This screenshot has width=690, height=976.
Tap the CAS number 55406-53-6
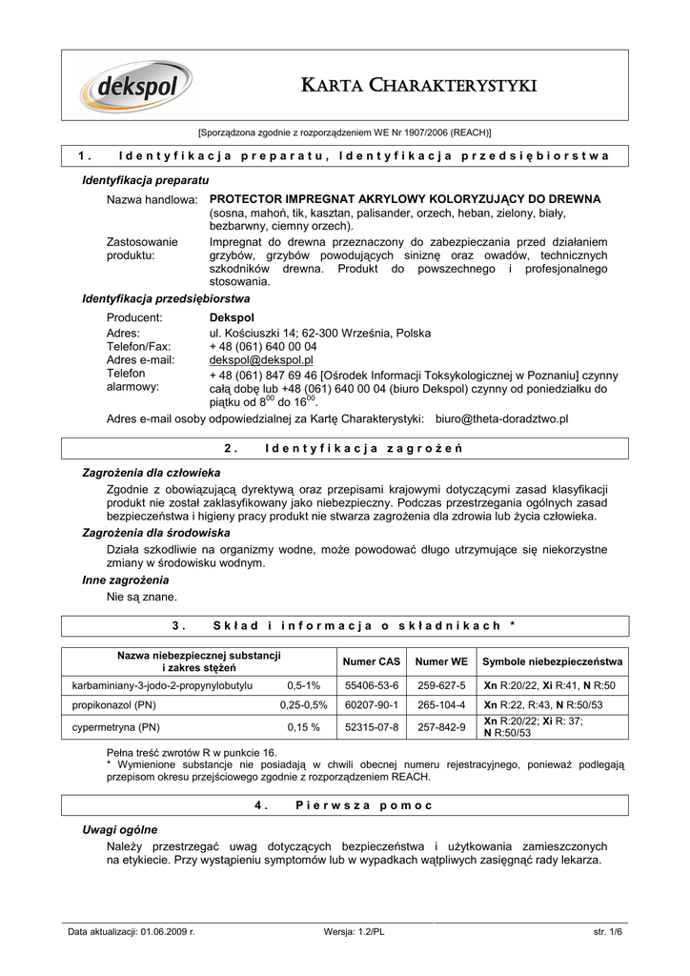(371, 685)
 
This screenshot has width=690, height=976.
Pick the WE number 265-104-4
(440, 705)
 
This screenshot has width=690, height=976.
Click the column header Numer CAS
(371, 661)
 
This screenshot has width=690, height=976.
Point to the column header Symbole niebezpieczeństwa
(553, 661)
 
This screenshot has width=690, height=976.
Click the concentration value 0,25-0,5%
(304, 705)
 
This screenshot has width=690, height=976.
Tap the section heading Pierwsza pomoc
(364, 805)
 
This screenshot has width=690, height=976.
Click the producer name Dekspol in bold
(232, 316)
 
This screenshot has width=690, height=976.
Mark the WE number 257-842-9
(440, 727)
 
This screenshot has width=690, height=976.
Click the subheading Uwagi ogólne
(120, 829)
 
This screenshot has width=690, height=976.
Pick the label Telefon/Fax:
(138, 347)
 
